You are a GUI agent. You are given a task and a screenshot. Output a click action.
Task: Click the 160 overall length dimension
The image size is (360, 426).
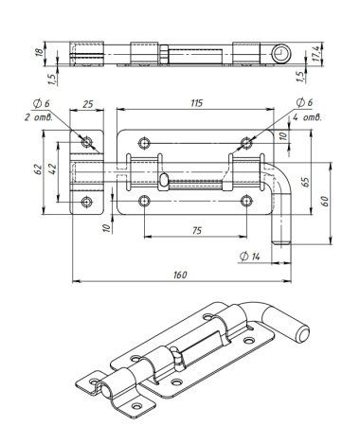point(180,275)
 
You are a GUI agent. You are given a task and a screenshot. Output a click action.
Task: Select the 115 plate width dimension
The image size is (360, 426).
point(196,103)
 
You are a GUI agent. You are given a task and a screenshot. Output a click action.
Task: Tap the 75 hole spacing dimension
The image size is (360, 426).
point(196,231)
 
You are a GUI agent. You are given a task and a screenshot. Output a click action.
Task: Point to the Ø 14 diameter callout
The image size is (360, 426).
point(250,257)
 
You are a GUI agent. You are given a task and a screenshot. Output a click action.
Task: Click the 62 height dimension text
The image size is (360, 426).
point(38,169)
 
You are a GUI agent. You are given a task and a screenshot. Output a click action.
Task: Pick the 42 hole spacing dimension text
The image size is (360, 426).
point(53,169)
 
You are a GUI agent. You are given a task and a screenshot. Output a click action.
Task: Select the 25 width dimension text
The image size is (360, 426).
point(87,104)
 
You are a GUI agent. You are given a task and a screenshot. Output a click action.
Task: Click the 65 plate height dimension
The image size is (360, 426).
point(305,182)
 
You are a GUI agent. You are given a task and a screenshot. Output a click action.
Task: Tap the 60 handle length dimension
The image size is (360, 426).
point(325,202)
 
